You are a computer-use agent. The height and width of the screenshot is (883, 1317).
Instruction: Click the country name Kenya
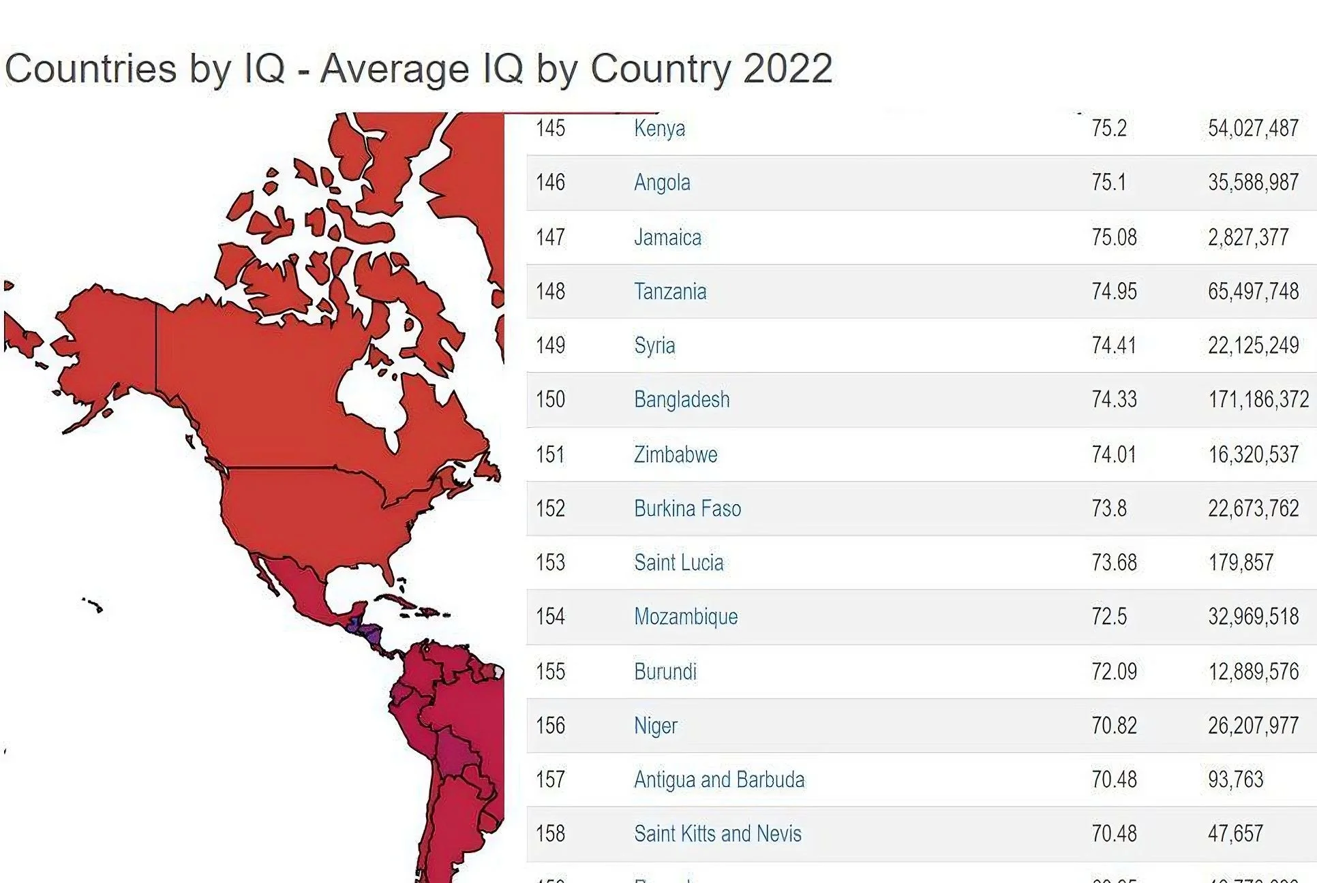click(659, 128)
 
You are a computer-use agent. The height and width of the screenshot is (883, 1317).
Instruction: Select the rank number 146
click(550, 183)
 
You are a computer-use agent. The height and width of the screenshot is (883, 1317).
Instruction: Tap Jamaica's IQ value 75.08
click(1114, 237)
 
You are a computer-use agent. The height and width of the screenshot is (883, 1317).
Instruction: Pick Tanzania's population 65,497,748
click(1253, 292)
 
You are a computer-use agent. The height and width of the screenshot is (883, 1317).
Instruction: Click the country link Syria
click(654, 345)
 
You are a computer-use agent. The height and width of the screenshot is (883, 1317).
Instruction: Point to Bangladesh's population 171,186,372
click(1258, 399)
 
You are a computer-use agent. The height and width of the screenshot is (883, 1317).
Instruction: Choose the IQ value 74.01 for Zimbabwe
click(1114, 454)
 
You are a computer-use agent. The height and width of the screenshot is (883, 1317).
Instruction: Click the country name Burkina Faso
click(687, 509)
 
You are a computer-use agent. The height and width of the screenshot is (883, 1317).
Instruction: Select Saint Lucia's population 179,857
click(1241, 563)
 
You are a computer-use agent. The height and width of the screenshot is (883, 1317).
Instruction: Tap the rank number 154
click(550, 617)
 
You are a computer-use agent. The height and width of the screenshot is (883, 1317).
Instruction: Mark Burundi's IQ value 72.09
click(1114, 672)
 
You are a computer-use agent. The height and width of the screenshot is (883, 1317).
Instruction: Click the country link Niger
click(655, 726)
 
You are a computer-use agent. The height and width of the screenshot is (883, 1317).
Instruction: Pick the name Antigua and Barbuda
click(719, 779)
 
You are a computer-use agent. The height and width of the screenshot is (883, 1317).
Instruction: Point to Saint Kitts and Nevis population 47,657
click(1235, 833)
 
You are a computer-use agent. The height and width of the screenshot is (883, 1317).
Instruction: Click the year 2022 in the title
click(787, 69)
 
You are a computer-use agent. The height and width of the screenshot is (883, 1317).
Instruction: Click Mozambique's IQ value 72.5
click(1108, 617)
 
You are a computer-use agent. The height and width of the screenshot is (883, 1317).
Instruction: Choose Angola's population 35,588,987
click(1253, 183)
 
